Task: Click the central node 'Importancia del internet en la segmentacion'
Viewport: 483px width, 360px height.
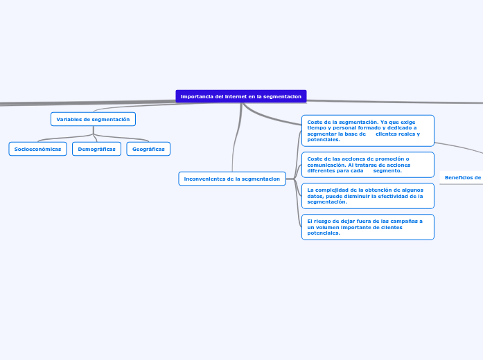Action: pos(240,96)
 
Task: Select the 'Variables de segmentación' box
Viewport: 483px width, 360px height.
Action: pos(93,119)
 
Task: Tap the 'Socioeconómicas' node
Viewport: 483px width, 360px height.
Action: pos(37,149)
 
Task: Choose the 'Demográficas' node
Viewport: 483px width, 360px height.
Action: pos(96,149)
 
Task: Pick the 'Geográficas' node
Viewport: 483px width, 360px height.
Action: pos(148,149)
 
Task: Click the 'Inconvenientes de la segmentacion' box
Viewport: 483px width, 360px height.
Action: pos(232,179)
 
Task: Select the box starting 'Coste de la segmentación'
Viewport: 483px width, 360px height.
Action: pos(367,131)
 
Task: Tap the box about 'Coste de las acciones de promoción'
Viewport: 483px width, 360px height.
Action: pos(367,165)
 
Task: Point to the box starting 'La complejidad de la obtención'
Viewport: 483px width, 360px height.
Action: pos(367,196)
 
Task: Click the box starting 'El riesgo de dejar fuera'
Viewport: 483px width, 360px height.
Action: pos(367,227)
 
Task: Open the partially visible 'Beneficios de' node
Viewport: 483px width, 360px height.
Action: pos(462,178)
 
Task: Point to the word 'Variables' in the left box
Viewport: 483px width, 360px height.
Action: pos(69,119)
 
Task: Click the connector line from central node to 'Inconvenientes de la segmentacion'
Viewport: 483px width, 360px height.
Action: pos(236,138)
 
